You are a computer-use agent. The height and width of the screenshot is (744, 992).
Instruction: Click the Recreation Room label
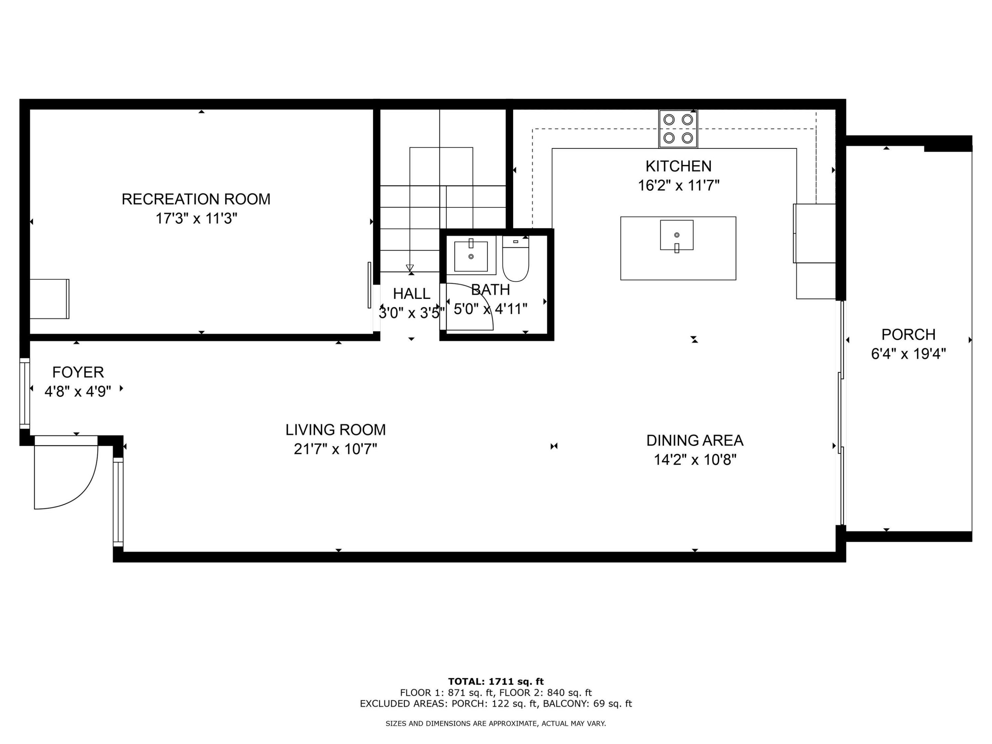(196, 199)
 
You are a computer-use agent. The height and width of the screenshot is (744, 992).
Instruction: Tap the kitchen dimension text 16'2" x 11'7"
(678, 185)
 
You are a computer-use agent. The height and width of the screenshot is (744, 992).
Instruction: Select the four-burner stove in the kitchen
(678, 129)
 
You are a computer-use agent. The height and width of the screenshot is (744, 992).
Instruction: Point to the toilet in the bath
(515, 260)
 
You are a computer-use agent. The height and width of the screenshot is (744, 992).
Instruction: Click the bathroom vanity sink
(471, 256)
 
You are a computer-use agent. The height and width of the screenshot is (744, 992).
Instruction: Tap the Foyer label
(78, 372)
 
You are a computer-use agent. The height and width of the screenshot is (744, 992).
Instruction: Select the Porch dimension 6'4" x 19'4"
(908, 354)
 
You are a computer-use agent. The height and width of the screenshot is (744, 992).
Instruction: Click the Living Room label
(335, 430)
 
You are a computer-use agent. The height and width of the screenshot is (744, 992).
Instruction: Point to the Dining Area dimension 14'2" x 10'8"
(695, 460)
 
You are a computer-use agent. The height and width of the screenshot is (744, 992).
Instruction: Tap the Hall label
(411, 294)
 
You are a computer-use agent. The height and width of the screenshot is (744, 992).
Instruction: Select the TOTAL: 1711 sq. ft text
(496, 682)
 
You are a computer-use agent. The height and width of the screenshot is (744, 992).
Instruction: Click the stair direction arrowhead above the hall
(410, 268)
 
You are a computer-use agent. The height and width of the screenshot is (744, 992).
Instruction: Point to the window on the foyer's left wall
(25, 393)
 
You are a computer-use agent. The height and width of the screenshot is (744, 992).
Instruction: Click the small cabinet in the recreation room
(49, 299)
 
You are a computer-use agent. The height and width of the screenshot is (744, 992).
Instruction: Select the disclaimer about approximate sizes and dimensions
(496, 723)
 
